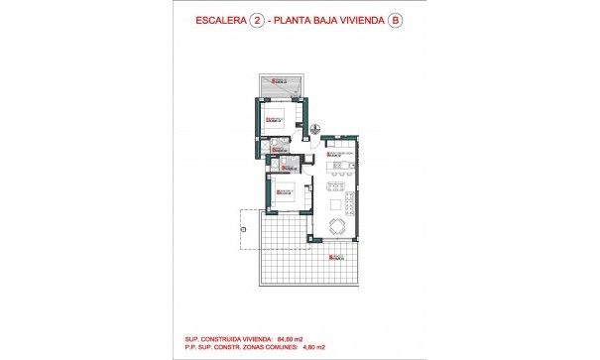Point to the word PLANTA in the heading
tap(300, 19)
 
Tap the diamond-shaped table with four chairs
tap(337, 227)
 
